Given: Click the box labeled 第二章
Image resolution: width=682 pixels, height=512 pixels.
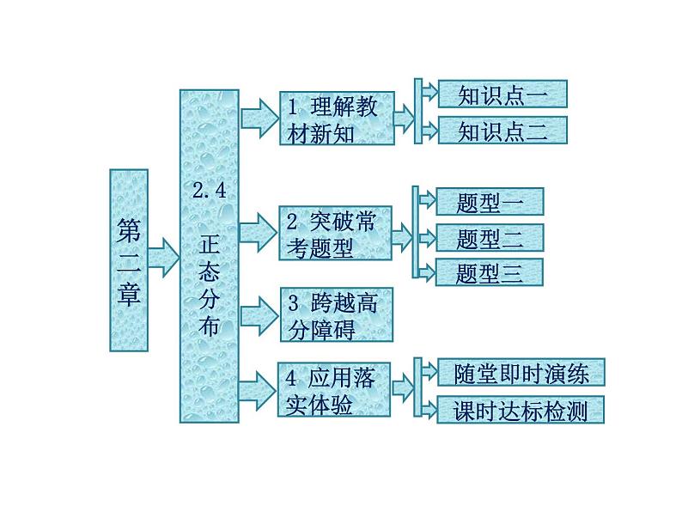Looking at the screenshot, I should [129, 259].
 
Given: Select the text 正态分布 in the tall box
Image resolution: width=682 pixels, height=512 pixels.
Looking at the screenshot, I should [209, 283].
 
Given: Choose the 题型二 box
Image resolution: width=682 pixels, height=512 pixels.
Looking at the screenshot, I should [490, 236].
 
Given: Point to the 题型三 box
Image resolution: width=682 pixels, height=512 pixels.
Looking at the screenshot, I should [490, 271].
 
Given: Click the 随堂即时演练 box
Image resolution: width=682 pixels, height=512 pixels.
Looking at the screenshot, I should [521, 373].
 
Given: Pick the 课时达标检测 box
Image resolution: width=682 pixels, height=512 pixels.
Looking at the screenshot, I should [521, 410].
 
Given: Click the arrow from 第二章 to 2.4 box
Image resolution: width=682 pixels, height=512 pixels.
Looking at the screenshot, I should [163, 256].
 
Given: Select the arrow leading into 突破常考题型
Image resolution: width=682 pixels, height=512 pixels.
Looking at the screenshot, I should [256, 233].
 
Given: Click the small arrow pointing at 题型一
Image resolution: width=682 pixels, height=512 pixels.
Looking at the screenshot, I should [426, 200].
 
